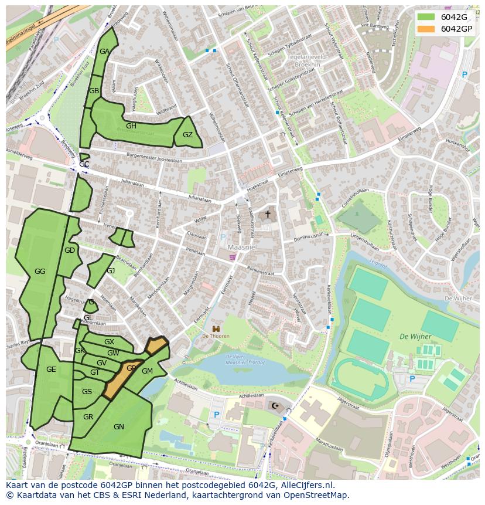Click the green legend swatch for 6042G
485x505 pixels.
(x=427, y=17)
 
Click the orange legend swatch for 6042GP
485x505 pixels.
(x=427, y=29)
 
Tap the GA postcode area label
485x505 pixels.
(x=104, y=52)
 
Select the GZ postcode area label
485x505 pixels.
(x=187, y=135)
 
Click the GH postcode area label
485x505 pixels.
(x=131, y=126)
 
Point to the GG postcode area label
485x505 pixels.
(x=40, y=272)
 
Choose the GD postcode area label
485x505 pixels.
(x=70, y=250)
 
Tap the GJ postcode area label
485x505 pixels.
(x=111, y=271)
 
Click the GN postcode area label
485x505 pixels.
(x=119, y=427)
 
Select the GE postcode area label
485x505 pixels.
(x=51, y=370)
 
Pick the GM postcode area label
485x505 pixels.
(x=147, y=371)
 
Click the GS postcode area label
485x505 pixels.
(x=87, y=392)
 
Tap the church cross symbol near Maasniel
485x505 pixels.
(x=268, y=215)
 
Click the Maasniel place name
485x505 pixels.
(x=240, y=247)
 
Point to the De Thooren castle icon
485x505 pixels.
(x=216, y=328)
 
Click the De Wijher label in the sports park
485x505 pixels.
(x=415, y=337)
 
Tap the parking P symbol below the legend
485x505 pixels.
(x=464, y=75)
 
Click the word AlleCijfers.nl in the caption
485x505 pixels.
(x=304, y=485)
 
